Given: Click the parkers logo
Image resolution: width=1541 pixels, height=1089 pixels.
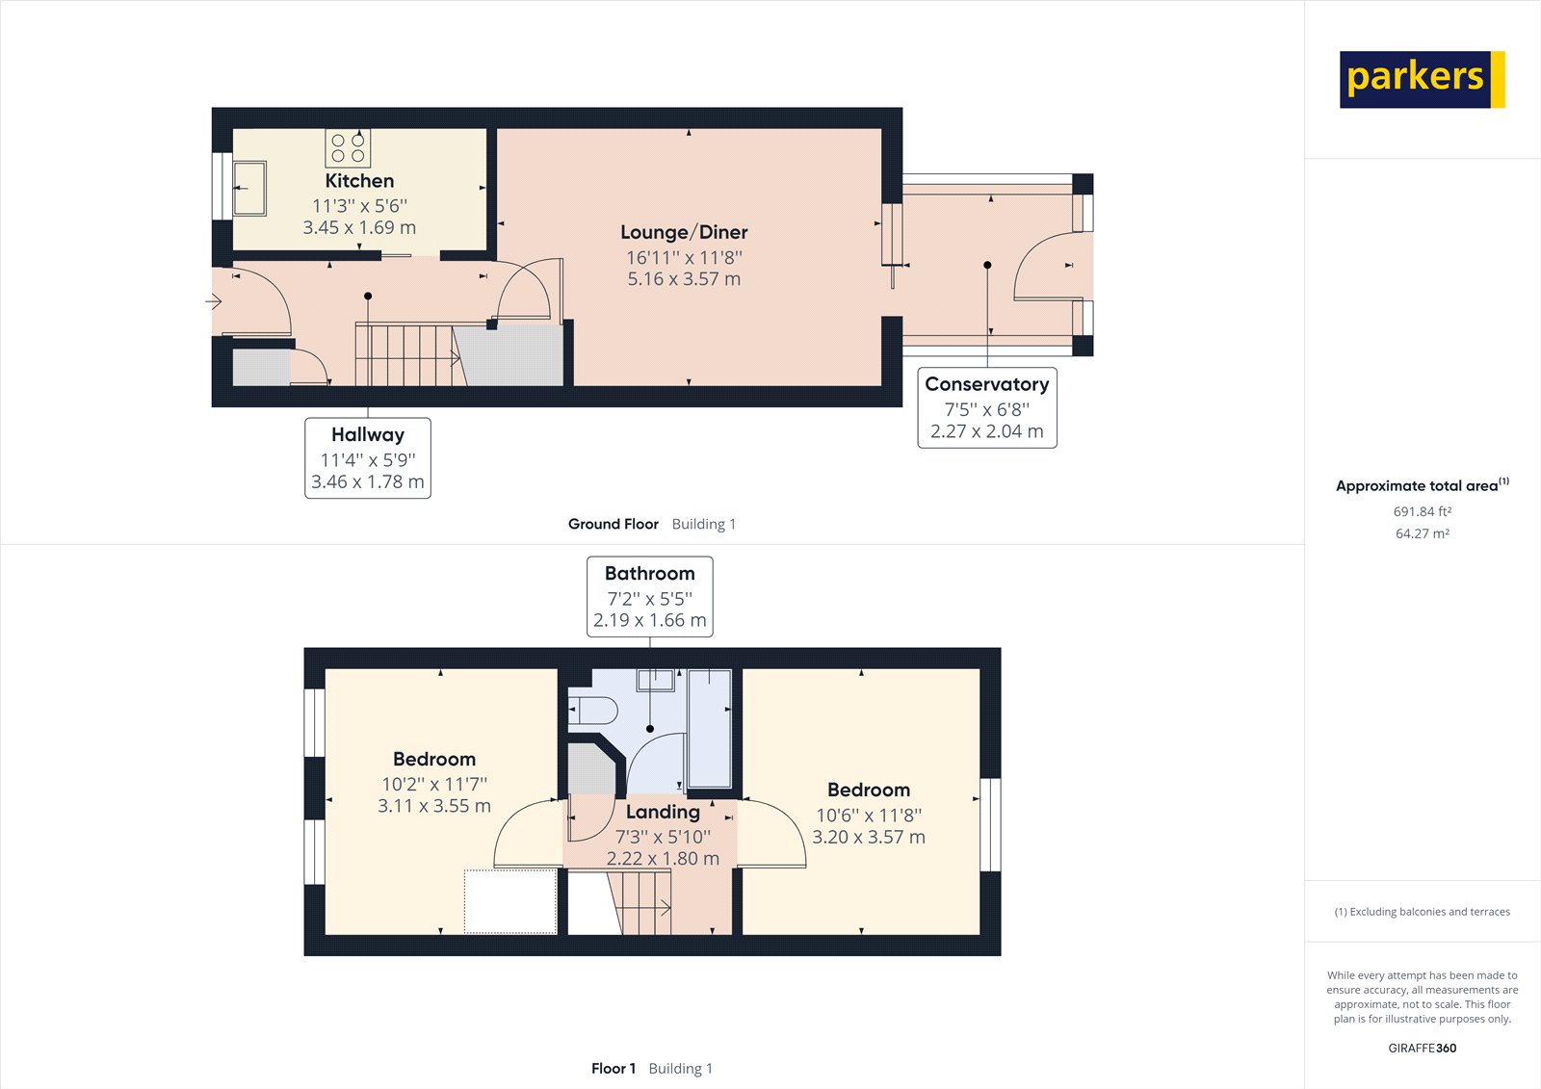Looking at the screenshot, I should coord(1421,79).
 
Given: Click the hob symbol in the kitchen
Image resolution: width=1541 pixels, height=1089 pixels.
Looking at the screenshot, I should coord(348,147).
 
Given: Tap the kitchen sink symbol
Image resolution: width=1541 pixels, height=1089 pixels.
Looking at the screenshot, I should coord(249,189).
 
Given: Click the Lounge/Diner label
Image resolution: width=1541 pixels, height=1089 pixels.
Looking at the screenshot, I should coord(684,232).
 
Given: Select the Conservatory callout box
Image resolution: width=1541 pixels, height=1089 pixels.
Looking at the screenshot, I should coord(986,407).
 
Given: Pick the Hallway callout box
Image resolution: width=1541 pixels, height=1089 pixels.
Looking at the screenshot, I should coord(368,457).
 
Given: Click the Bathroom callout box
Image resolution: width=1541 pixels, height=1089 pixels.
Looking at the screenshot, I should coord(649,596).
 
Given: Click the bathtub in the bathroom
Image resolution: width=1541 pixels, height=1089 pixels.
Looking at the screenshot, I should coord(710,729).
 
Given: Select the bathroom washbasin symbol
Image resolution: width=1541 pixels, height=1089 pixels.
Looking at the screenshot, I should coord(655,680).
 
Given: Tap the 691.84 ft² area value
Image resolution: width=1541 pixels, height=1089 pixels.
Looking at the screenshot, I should coord(1422,511).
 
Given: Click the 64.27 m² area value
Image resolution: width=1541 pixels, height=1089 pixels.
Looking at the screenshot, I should coord(1422,533).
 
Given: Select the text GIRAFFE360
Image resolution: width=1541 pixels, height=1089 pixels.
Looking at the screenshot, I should coord(1422,1048).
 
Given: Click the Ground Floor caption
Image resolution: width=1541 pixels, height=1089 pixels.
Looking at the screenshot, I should coord(614,524).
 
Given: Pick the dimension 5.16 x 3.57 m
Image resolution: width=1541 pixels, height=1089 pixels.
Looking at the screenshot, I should coord(684,279).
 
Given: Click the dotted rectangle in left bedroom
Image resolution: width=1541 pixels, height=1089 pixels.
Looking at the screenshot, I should coord(510,901).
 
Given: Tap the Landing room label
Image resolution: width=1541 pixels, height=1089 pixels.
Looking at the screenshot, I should coord(663,812).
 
